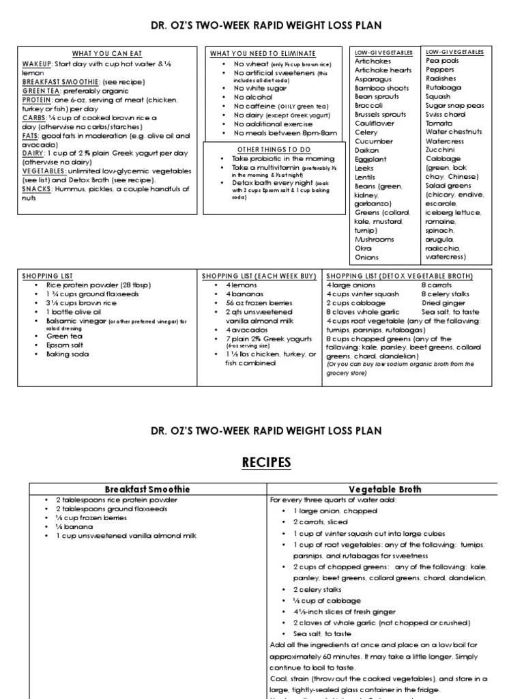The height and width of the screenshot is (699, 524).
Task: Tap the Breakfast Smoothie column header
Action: tap(146, 489)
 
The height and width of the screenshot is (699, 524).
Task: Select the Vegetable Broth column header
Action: tap(385, 489)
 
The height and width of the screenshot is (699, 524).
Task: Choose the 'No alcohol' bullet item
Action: tap(254, 97)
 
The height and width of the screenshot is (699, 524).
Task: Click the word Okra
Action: tap(363, 249)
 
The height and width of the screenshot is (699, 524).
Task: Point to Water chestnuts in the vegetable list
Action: tap(454, 132)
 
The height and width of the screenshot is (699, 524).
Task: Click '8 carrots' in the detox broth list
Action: tap(437, 285)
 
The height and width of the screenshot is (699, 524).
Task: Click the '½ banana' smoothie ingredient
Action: tap(73, 527)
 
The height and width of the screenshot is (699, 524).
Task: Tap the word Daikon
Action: tap(367, 149)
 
